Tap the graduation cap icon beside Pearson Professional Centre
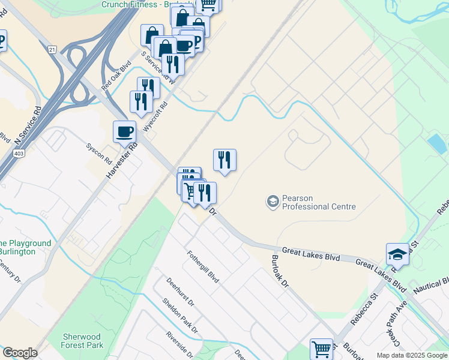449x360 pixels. pyautogui.click(x=273, y=201)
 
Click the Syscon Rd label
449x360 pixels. pyautogui.click(x=99, y=154)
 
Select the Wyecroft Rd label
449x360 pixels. pyautogui.click(x=155, y=112)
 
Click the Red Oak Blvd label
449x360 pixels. pyautogui.click(x=116, y=76)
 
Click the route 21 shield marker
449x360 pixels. pyautogui.click(x=53, y=49)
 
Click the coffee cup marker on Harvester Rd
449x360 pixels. pyautogui.click(x=124, y=131)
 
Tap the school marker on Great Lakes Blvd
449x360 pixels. pyautogui.click(x=397, y=254)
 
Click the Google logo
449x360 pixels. pyautogui.click(x=20, y=353)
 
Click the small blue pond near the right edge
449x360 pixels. pyautogui.click(x=437, y=144)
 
